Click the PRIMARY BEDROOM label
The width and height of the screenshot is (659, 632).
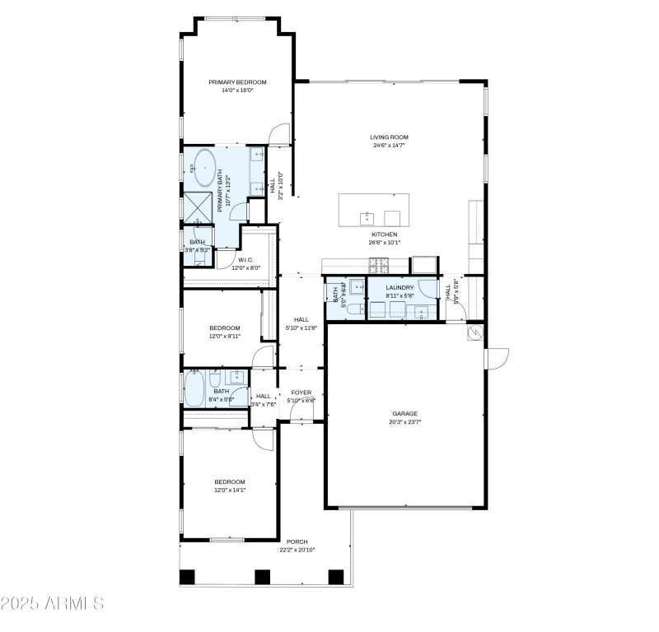click(237, 82)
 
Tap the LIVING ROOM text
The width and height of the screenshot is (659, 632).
click(389, 137)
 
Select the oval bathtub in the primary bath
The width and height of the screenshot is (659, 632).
click(203, 167)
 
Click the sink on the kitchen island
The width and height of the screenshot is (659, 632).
click(365, 217)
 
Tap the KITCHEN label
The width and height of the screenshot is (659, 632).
click(384, 235)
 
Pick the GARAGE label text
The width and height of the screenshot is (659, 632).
click(404, 414)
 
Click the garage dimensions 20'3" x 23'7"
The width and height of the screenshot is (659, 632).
click(404, 422)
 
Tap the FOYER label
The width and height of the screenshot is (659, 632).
click(301, 393)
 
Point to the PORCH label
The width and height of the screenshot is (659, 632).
click(297, 541)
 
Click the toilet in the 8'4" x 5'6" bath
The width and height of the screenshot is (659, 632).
click(214, 380)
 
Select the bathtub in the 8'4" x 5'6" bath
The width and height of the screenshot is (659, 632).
click(194, 388)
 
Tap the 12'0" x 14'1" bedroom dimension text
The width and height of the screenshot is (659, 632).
click(230, 490)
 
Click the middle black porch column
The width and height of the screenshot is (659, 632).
click(262, 577)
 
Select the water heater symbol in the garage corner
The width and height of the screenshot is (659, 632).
click(476, 332)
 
